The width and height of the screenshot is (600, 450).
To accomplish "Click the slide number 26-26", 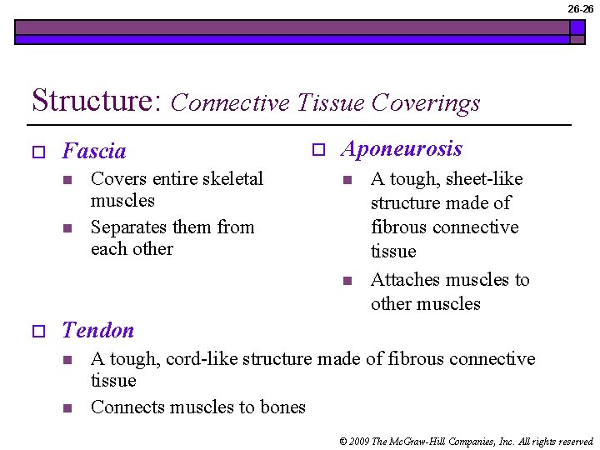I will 581,8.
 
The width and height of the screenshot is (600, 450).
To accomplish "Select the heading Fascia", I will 94,152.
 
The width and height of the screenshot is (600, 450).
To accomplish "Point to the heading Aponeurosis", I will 402,149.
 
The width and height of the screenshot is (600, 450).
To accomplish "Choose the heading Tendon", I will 98,331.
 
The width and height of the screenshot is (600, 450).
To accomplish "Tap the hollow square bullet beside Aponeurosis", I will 317,150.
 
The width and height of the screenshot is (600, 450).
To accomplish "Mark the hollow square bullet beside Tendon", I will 37,332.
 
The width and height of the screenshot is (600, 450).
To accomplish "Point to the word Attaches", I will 405,280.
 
